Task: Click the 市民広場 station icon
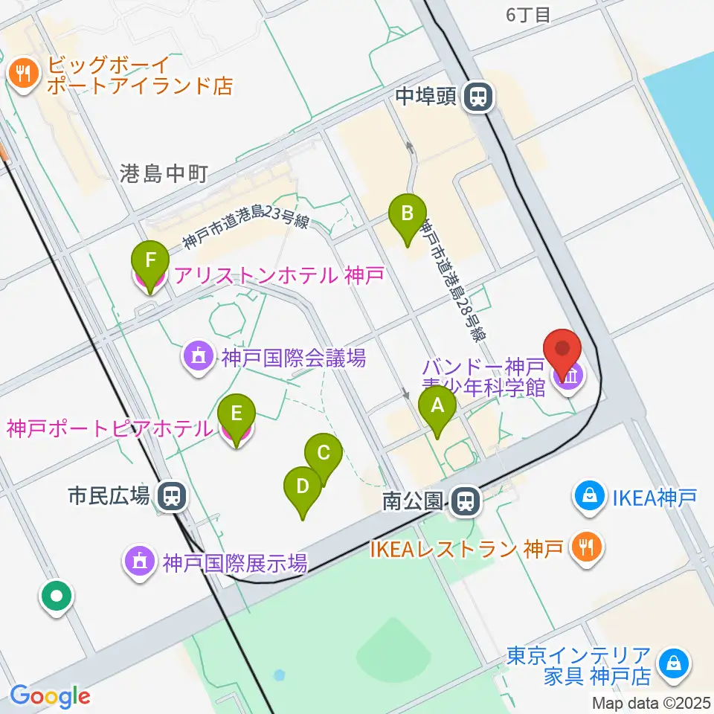coord(171,495)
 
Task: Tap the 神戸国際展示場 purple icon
coord(141,562)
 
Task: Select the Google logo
coord(50,696)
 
